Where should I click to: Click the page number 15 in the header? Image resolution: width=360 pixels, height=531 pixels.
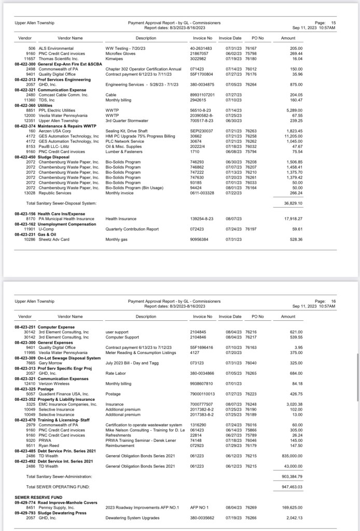coord(334,23)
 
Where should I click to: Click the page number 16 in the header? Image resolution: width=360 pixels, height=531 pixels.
coord(334,301)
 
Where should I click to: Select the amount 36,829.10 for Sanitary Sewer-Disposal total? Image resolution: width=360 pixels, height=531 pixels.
coord(294,203)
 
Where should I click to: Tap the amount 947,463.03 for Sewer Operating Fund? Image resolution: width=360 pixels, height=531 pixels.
coord(293,487)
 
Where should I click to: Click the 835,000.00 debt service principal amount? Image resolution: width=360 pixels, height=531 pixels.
coord(293,455)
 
